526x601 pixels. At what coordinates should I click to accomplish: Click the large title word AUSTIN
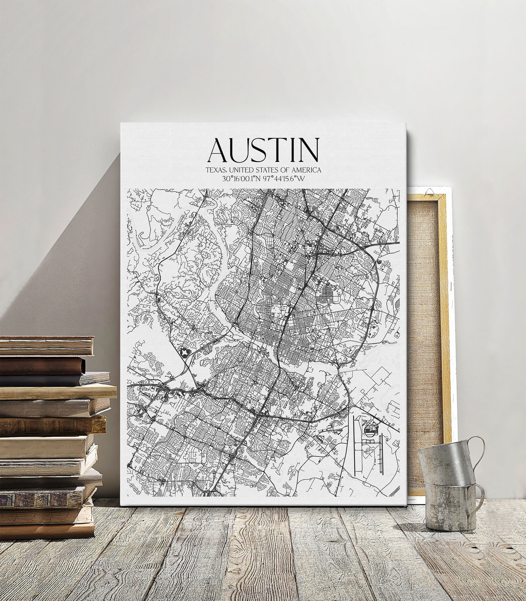(x=263, y=149)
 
